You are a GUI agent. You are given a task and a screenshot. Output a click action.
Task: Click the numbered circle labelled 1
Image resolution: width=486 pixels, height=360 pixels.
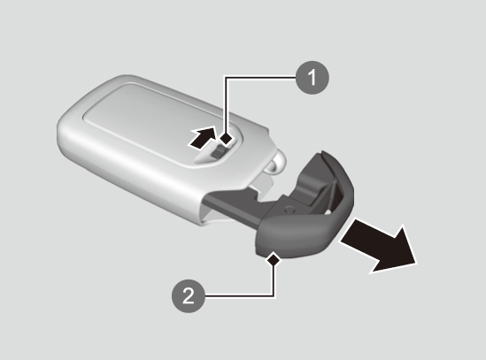(x=312, y=78)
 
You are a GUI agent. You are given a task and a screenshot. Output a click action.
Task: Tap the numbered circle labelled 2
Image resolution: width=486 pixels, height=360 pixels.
(x=189, y=295)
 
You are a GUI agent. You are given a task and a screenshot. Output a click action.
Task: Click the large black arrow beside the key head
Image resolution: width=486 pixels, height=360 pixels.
(x=380, y=247)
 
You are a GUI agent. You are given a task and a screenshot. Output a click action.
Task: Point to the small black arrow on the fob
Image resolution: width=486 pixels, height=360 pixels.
(x=203, y=138)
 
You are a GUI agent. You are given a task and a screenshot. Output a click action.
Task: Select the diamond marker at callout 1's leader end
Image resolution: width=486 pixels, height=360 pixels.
(x=227, y=138)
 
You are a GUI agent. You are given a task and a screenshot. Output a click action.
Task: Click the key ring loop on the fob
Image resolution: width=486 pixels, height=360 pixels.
(x=275, y=164)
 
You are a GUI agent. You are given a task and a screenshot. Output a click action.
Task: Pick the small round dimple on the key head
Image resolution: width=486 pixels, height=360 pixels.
(x=289, y=208)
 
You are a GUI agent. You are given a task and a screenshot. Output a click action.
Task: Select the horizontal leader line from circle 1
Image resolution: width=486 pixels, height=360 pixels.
(x=261, y=78)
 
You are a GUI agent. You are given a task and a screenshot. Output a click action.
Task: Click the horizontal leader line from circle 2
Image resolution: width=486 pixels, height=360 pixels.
(x=239, y=295)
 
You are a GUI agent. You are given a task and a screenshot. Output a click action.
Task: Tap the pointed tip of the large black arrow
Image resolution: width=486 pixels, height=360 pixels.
(x=417, y=264)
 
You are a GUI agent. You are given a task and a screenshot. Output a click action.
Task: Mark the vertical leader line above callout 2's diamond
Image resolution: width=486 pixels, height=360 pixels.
(x=274, y=280)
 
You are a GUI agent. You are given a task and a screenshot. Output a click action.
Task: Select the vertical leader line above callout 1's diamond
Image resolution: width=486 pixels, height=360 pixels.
(x=227, y=105)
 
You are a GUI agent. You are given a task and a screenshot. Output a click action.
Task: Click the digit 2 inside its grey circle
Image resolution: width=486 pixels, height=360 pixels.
(x=189, y=295)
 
